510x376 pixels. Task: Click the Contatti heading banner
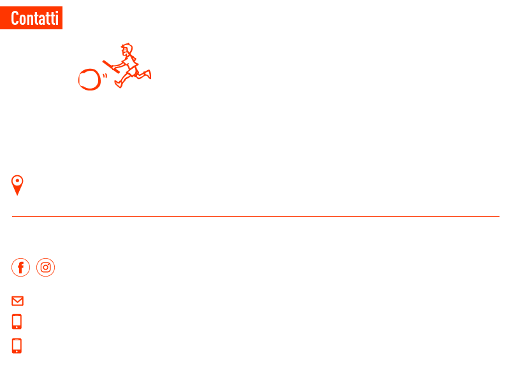[x=31, y=18]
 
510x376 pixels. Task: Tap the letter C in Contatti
[x=15, y=18]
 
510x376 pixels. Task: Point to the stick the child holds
[x=111, y=67]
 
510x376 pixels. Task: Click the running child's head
[x=127, y=50]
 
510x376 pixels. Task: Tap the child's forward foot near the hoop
[x=119, y=84]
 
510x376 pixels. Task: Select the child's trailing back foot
[x=148, y=74]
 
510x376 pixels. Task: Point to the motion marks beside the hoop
[x=105, y=76]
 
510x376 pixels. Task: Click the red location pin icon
[x=17, y=185]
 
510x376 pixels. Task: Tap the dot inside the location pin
[x=17, y=181]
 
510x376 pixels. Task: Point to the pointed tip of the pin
[x=17, y=195]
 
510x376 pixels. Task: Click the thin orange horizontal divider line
[x=256, y=216]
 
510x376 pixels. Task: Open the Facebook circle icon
[x=20, y=268]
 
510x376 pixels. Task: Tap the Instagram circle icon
[x=45, y=268]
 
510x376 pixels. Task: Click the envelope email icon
[x=18, y=301]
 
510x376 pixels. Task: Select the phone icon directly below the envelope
[x=17, y=322]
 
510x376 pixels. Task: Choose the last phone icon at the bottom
[x=17, y=346]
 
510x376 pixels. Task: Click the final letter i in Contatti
[x=57, y=18]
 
